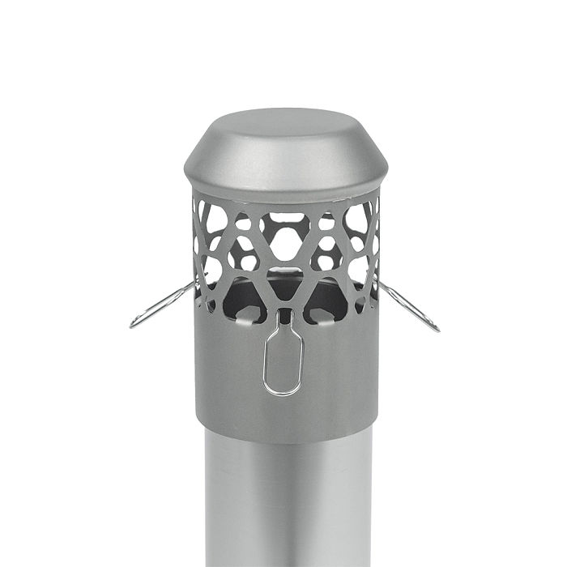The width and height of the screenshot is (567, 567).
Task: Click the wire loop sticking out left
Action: click(163, 305)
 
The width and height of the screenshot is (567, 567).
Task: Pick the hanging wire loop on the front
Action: click(283, 361)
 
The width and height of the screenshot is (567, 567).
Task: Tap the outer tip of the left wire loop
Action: click(132, 325)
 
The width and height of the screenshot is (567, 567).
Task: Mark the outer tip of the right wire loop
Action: click(437, 329)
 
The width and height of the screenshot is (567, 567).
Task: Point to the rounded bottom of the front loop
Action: click(283, 394)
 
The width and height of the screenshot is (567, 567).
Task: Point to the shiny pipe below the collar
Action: click(285, 502)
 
